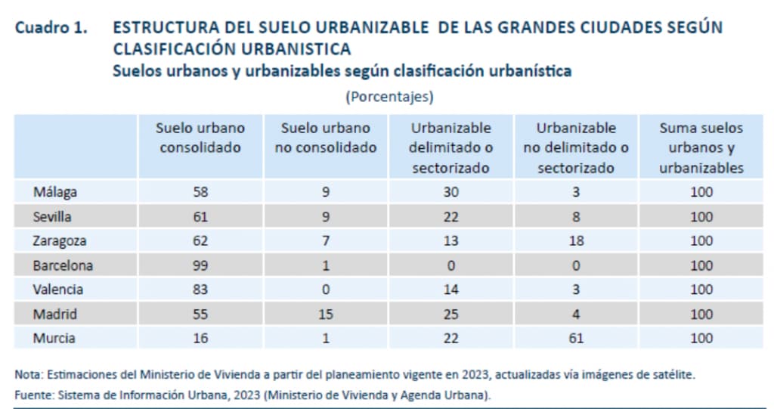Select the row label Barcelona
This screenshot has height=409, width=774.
[x=63, y=265]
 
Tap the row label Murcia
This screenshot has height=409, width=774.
[x=54, y=338]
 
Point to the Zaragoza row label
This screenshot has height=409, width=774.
[x=60, y=240]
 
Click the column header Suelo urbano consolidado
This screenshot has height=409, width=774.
[x=200, y=138]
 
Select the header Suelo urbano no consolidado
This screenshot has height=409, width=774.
[x=325, y=138]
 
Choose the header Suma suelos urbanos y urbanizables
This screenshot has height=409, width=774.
[x=701, y=147]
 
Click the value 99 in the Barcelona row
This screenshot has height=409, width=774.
[x=200, y=265]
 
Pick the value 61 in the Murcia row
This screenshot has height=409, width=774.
[x=576, y=338]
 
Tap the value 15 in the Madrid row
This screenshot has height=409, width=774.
[x=325, y=314]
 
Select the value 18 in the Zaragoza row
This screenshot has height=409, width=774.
[x=576, y=240]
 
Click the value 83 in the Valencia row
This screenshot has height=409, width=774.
[x=200, y=290]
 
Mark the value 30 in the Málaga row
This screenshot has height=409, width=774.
[x=450, y=192]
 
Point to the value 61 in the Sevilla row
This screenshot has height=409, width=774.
[x=200, y=216]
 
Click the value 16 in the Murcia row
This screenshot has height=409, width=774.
[x=200, y=338]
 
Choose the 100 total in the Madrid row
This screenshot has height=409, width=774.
[x=701, y=314]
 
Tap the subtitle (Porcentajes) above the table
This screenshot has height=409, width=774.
[x=389, y=97]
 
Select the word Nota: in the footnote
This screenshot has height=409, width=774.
[x=28, y=374]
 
